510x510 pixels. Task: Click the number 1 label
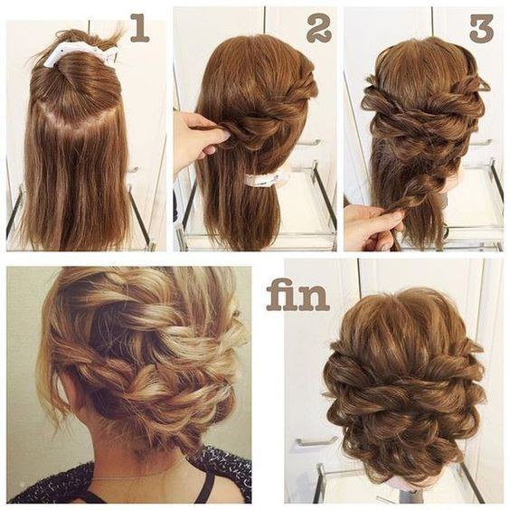[x=140, y=29]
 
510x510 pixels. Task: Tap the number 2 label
[x=319, y=29]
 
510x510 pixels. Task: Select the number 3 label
[x=481, y=29]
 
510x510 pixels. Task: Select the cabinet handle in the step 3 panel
[x=480, y=142]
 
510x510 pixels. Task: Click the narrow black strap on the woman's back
[x=208, y=486]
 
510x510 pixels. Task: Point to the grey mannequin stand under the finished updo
[x=408, y=494]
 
